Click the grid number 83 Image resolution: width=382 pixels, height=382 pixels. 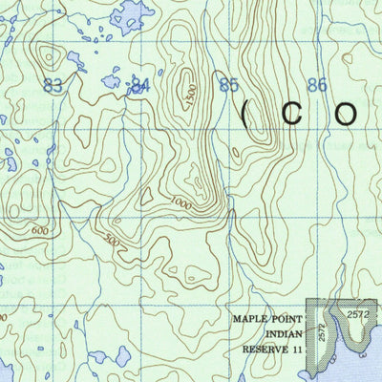53,86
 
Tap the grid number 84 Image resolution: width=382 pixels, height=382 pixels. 140,86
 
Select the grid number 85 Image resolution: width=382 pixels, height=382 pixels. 228,86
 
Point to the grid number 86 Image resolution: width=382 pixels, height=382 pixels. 316,86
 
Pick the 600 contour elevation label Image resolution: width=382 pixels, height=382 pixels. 39,230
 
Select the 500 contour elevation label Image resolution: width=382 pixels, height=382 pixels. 113,243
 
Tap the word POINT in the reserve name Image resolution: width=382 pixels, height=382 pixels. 286,321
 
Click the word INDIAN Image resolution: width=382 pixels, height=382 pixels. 277,336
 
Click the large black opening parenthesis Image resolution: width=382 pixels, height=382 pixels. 245,116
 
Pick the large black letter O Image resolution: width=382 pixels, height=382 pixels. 346,116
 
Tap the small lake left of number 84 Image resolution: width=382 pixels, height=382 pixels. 112,82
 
